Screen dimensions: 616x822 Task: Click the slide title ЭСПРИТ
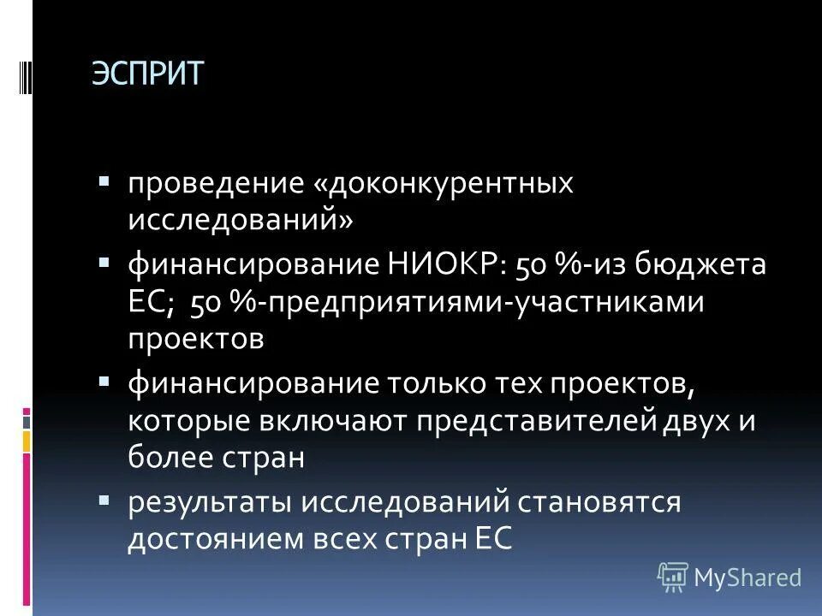(x=147, y=74)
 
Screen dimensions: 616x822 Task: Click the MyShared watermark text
(x=748, y=577)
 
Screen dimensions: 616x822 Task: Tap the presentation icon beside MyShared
(x=673, y=577)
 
